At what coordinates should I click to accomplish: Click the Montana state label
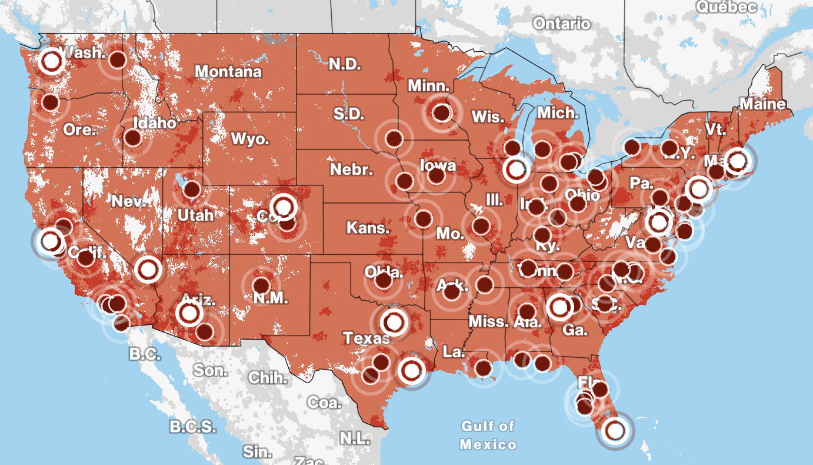coord(228,72)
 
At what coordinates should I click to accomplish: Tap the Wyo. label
coord(250,139)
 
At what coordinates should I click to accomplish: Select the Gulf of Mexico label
coord(488,435)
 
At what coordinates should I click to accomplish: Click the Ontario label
coord(561,24)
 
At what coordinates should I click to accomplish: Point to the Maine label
coord(762,104)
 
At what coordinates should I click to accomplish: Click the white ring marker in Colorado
coord(284,207)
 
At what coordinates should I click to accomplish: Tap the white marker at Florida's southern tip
coord(615,431)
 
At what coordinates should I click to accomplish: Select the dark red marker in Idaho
coord(133,138)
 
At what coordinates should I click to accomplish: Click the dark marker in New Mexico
coord(261,286)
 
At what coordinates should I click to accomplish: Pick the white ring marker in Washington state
coord(51,61)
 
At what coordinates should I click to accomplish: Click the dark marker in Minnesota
coord(441,111)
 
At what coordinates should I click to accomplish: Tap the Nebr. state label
coord(351,170)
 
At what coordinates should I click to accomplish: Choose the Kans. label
coord(368,228)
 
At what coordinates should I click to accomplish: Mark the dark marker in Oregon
coord(51,102)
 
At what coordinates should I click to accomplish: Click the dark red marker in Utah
coord(192,190)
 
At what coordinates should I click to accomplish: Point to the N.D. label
coord(345,64)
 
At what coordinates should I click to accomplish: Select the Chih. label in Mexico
coord(268,377)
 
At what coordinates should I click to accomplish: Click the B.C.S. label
coord(192,426)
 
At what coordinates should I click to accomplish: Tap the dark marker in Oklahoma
coord(384,281)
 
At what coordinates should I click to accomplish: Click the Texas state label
coord(366,338)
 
